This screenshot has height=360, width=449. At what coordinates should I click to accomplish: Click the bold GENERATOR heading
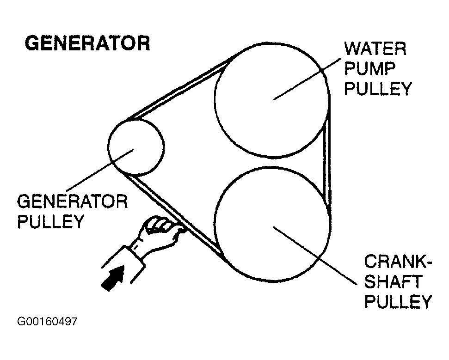tap(87, 43)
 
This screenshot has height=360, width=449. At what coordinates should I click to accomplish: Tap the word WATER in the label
tap(375, 49)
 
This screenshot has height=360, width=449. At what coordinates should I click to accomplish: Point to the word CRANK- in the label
tap(397, 262)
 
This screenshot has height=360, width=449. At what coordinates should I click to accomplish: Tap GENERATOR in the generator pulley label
tap(72, 201)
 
